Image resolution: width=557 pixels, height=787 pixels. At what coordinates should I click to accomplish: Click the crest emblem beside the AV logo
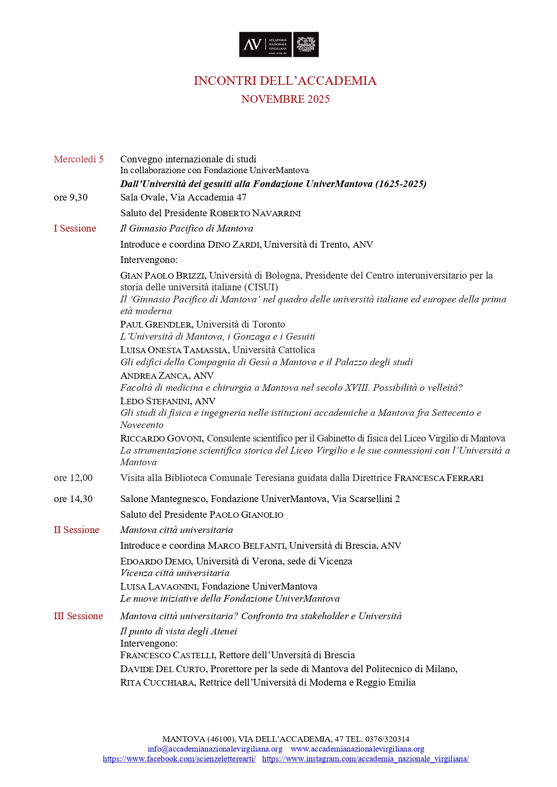306,44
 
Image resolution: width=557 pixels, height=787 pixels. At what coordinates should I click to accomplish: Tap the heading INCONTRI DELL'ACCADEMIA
285,81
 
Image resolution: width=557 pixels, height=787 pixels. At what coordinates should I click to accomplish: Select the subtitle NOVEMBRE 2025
285,99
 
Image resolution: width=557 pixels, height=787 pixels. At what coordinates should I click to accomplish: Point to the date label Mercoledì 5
79,159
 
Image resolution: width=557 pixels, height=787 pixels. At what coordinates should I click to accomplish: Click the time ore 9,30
71,197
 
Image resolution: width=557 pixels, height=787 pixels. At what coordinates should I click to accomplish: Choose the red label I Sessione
75,228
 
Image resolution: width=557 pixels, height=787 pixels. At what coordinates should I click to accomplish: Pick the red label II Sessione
76,530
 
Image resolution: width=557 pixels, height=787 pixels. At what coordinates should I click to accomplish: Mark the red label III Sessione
78,616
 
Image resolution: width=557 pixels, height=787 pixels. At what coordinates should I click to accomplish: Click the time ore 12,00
73,478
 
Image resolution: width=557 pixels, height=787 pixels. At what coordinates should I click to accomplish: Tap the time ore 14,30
73,499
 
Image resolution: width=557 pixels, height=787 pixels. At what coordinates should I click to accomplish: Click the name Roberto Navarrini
255,213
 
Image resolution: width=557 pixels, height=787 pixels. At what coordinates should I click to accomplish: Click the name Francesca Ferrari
439,478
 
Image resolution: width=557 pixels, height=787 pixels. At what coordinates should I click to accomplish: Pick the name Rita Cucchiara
157,682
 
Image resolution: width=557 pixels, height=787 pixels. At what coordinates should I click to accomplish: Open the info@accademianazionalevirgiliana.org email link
215,749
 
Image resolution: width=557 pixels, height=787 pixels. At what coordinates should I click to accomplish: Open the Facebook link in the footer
179,759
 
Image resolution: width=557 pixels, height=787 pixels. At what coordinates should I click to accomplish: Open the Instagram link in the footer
365,759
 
